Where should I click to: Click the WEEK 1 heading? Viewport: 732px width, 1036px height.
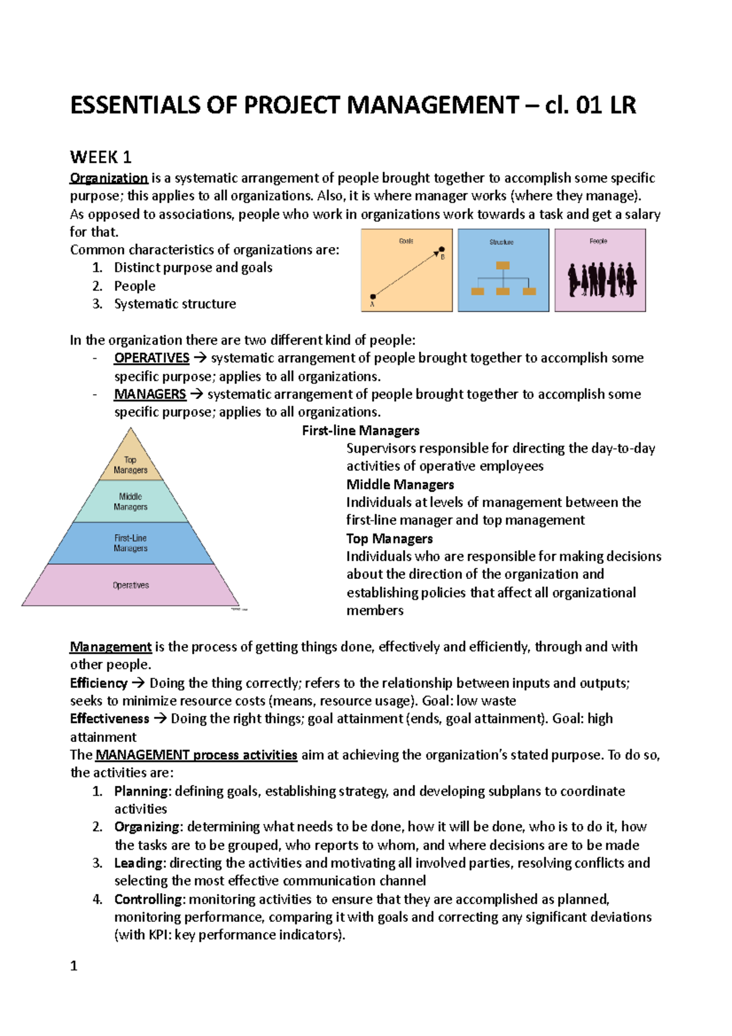pos(101,157)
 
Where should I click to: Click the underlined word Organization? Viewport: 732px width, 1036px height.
pos(109,178)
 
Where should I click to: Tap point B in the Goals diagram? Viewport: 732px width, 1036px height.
pos(442,250)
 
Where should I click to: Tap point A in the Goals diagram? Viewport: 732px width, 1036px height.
pos(373,297)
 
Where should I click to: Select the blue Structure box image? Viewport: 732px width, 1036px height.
pos(503,270)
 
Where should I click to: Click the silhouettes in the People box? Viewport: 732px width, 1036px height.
pos(601,280)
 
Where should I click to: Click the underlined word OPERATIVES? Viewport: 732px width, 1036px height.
pos(152,358)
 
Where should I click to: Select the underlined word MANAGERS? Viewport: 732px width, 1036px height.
pos(150,394)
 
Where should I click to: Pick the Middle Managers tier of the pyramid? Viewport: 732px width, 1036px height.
pos(131,502)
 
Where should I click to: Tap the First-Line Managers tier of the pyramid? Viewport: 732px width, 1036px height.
pos(131,543)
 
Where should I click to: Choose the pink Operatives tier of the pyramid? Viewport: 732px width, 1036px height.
pos(131,585)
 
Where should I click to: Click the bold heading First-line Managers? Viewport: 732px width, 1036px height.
pos(361,431)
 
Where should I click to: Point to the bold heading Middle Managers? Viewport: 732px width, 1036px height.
pos(400,484)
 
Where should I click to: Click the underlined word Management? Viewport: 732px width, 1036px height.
pos(110,647)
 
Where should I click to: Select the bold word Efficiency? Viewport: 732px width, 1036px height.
pos(99,683)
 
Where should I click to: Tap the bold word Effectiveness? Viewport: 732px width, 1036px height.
pos(110,719)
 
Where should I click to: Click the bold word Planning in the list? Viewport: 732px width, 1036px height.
pos(142,791)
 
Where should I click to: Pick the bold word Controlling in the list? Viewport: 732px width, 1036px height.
pos(148,899)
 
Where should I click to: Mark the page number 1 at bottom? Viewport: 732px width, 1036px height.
pos(74,966)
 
